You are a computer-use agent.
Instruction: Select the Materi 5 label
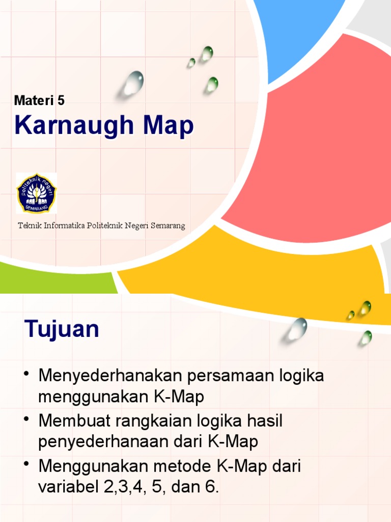point(39,100)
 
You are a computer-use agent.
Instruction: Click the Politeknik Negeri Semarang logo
point(36,193)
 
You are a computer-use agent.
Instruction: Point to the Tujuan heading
point(62,329)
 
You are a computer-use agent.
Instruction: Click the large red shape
point(316,143)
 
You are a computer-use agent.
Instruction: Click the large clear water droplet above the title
point(133,83)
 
